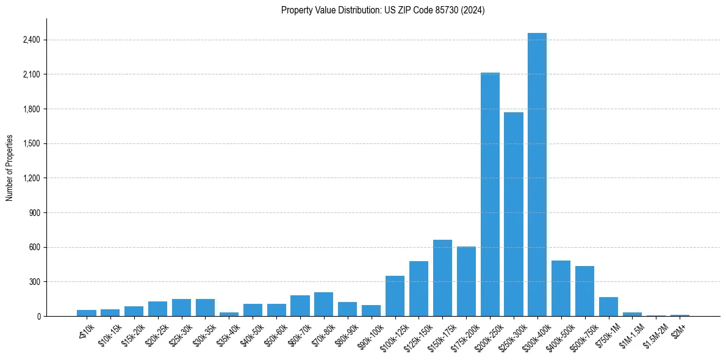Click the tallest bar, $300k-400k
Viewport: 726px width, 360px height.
537,175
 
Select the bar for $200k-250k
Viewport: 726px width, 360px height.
490,194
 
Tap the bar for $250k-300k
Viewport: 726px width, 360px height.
514,214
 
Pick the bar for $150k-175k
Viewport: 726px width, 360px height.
442,278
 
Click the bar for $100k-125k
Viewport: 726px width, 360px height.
395,296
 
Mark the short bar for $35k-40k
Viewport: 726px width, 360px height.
229,314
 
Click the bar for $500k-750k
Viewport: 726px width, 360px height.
584,291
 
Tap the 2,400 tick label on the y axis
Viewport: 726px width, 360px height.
31,40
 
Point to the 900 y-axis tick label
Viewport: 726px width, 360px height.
34,213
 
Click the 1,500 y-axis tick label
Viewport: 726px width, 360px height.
31,144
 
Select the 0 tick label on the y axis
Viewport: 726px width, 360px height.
38,317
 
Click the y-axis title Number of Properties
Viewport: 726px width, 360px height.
10,168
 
